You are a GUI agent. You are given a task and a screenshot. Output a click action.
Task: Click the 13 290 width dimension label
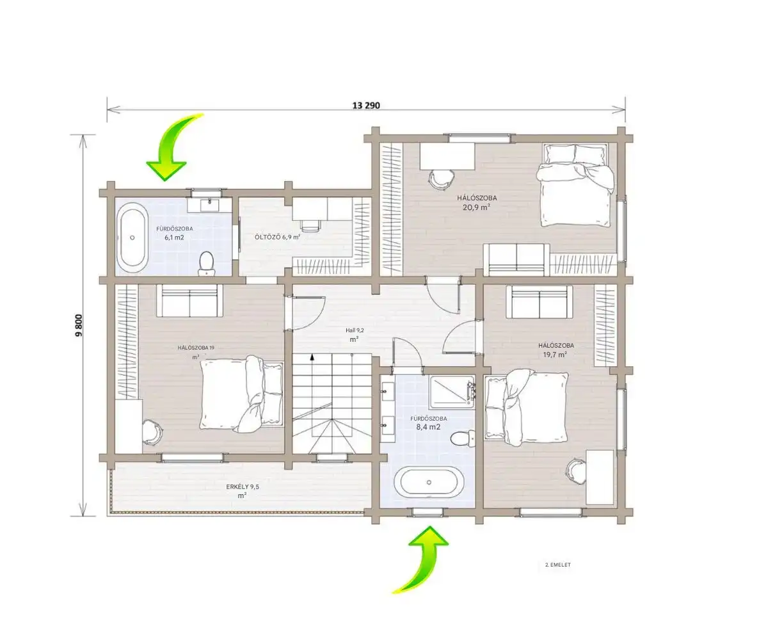(x=366, y=106)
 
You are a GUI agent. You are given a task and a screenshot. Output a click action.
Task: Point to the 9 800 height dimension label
(x=79, y=325)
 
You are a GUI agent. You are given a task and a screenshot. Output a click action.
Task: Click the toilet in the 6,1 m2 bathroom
(x=206, y=264)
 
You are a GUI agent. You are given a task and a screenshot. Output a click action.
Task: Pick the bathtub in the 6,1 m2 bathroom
(x=132, y=238)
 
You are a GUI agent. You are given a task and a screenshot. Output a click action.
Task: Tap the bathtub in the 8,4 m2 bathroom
(x=429, y=483)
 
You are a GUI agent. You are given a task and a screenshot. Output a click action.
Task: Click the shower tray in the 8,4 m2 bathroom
(x=452, y=392)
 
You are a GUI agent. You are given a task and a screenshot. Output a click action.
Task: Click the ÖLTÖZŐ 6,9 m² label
(x=277, y=237)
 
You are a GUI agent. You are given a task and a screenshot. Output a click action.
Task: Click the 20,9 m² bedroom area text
(x=476, y=207)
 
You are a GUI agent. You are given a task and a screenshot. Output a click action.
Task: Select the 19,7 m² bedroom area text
(x=555, y=355)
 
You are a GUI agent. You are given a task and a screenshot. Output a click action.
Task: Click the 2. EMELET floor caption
(x=558, y=565)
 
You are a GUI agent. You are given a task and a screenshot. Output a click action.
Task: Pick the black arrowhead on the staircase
(x=312, y=356)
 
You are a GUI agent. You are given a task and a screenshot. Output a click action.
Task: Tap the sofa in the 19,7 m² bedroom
(x=540, y=302)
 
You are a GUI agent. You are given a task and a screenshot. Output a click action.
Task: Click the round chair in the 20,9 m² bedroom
(x=441, y=180)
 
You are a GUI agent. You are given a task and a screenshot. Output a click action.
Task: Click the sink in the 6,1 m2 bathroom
(x=209, y=204)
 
